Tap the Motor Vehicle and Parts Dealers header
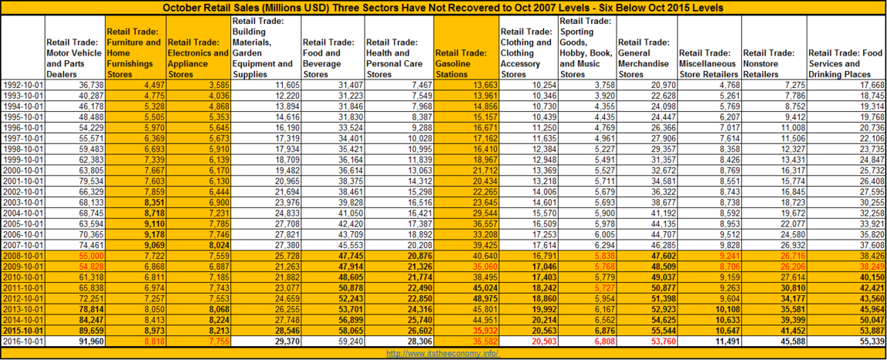(75, 58)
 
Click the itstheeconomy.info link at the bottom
(443, 353)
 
